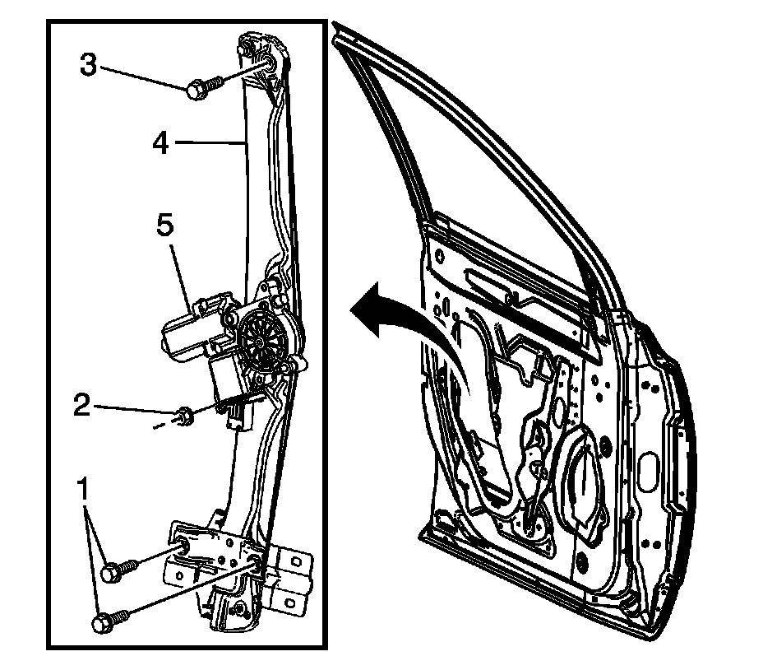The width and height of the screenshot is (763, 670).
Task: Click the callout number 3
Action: pyautogui.click(x=89, y=64)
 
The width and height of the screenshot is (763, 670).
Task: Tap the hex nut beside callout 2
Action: pyautogui.click(x=186, y=414)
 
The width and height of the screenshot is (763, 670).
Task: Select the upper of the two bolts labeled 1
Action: pyautogui.click(x=116, y=570)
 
